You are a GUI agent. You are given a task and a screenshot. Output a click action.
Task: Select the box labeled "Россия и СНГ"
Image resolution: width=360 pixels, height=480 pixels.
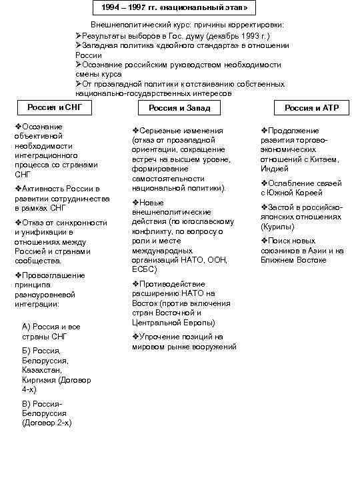pyautogui.click(x=49, y=108)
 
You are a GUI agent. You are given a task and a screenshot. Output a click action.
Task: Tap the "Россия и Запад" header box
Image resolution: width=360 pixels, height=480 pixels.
pyautogui.click(x=179, y=108)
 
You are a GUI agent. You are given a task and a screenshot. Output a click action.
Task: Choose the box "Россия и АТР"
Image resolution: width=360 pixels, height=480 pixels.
pyautogui.click(x=311, y=108)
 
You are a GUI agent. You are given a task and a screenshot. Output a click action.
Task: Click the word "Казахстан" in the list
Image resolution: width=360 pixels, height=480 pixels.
pyautogui.click(x=41, y=369)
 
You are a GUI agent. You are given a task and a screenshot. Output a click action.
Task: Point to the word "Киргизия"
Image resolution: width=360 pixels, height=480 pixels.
pyautogui.click(x=39, y=379)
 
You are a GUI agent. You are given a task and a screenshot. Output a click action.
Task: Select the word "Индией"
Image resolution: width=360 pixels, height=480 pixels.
pyautogui.click(x=275, y=169)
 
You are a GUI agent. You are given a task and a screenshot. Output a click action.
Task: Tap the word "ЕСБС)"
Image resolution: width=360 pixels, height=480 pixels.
pyautogui.click(x=145, y=269)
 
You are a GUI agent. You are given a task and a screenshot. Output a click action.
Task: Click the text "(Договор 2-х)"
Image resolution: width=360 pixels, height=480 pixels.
pyautogui.click(x=47, y=423)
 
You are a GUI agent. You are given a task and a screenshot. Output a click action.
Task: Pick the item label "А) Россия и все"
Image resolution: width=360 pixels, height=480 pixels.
pyautogui.click(x=51, y=327)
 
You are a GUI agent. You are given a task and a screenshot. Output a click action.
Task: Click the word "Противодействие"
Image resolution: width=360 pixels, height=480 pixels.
pyautogui.click(x=173, y=284)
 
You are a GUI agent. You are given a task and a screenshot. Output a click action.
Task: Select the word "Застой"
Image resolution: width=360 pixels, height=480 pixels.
pyautogui.click(x=283, y=207)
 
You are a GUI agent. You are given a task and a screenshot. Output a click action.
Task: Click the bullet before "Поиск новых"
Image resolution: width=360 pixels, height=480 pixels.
pyautogui.click(x=264, y=241)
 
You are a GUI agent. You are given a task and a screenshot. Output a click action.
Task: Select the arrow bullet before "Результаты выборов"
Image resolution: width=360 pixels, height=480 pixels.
pyautogui.click(x=79, y=35)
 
